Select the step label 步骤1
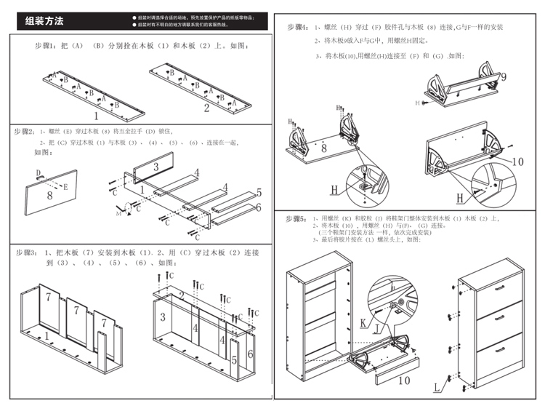(49, 46)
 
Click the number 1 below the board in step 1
(95, 114)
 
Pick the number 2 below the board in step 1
(206, 109)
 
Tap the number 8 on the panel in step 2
(49, 195)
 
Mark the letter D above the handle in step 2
(38, 172)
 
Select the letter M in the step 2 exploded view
(118, 215)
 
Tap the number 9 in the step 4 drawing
(503, 76)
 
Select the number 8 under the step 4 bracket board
(323, 148)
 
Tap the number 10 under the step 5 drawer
(404, 379)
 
